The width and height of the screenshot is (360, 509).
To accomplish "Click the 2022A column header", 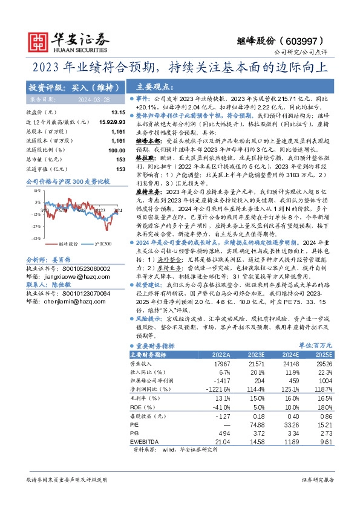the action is click(220, 354).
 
